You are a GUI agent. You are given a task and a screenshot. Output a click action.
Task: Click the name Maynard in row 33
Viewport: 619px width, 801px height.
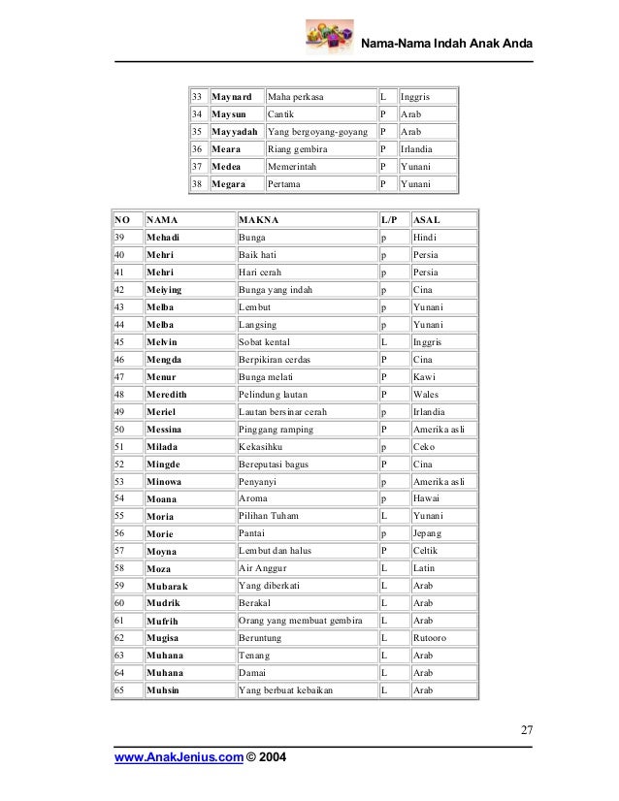[x=234, y=98]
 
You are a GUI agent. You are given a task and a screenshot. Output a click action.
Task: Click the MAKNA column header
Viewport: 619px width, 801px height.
[x=260, y=220]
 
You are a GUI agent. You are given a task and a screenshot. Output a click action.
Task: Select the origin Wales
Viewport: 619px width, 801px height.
[x=426, y=395]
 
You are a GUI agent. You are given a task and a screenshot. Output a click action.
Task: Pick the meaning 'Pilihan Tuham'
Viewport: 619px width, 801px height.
[x=273, y=516]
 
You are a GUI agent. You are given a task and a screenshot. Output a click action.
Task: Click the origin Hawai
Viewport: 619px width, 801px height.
[x=426, y=498]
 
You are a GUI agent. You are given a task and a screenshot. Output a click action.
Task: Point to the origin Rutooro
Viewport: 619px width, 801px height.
[x=432, y=638]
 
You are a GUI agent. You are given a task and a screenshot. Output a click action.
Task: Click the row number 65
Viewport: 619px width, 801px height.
[x=119, y=690]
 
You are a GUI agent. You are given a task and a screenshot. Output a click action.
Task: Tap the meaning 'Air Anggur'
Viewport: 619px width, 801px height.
[x=264, y=568]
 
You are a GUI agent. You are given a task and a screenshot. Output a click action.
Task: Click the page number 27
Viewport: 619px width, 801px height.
[x=525, y=730]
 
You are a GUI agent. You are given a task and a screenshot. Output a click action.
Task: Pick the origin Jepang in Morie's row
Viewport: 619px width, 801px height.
[x=427, y=533]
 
